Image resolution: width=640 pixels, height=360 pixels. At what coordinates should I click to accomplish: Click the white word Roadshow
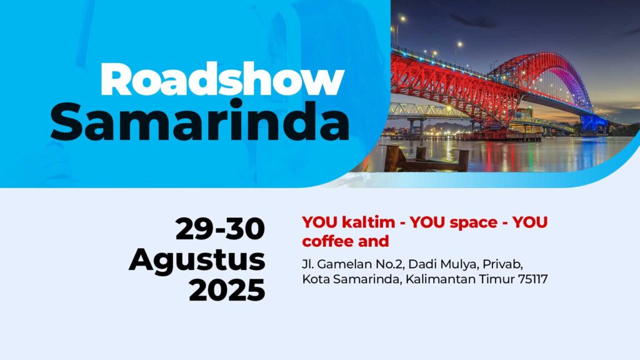pos(222,79)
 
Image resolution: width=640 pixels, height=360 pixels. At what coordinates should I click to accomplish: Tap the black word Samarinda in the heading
pos(200,122)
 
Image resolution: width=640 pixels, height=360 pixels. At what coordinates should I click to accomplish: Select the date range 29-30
pos(221,229)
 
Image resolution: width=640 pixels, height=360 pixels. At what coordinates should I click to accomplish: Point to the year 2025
pos(227,290)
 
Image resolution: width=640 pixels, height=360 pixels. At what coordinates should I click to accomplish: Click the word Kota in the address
pos(316,279)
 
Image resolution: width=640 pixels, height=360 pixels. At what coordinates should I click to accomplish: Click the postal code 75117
pos(532,279)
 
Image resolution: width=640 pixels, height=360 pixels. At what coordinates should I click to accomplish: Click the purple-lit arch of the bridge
pos(575,77)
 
